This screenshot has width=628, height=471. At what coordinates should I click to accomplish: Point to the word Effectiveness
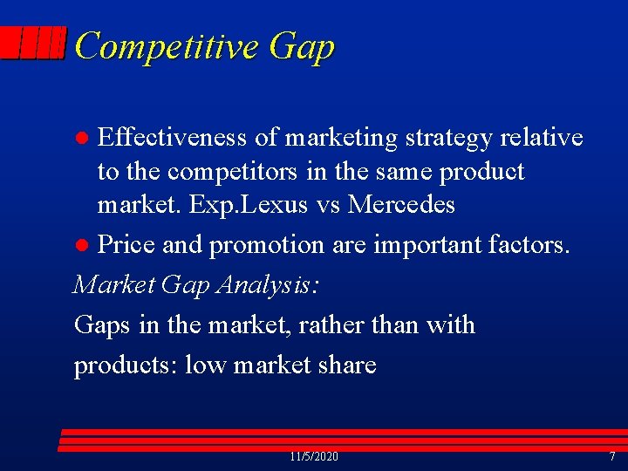(172, 137)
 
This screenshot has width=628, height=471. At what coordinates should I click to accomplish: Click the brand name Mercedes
(401, 205)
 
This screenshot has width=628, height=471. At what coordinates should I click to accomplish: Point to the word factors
(533, 245)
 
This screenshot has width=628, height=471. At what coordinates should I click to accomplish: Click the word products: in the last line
(126, 365)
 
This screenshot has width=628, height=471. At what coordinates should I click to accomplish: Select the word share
(345, 364)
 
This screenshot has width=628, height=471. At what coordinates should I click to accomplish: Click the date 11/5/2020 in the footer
(314, 457)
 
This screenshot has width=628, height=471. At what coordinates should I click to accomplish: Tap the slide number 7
(611, 457)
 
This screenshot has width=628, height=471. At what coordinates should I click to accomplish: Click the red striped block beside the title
(33, 43)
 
